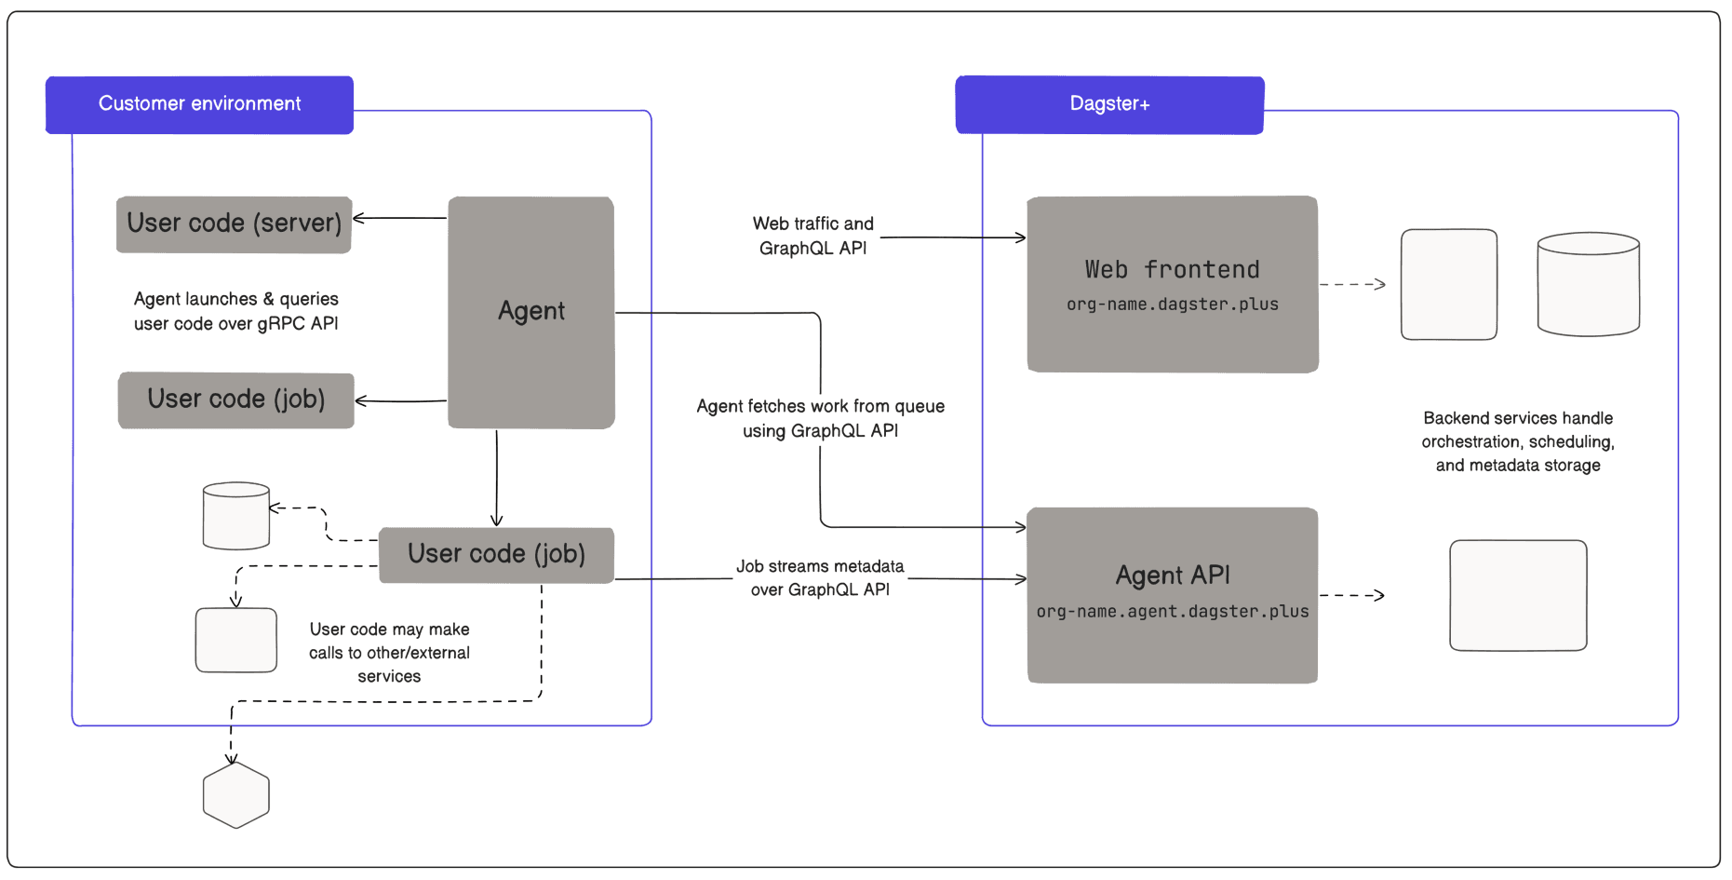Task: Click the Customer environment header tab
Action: tap(199, 104)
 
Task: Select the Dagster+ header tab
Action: tap(1109, 104)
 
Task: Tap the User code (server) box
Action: tap(234, 223)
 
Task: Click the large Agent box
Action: tap(530, 312)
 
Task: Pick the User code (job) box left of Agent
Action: tap(235, 399)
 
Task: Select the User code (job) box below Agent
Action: tap(496, 554)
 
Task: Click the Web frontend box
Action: tap(1172, 284)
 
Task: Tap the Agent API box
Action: tap(1172, 594)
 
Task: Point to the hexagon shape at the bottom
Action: tap(236, 795)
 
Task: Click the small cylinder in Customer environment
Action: tap(236, 516)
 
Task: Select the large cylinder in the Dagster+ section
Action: tap(1588, 284)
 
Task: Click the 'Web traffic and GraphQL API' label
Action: tap(812, 236)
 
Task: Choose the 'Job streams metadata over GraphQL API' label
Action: tap(820, 577)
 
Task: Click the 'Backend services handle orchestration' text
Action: tap(1517, 441)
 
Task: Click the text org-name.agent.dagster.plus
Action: tap(1172, 612)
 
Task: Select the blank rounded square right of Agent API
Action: tap(1517, 595)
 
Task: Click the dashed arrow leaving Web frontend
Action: tap(1351, 284)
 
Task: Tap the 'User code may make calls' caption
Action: tap(389, 652)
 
